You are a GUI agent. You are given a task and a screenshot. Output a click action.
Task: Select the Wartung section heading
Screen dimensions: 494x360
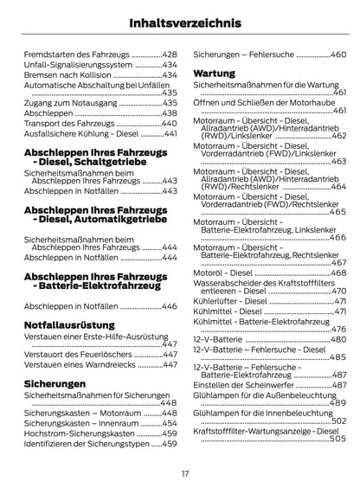214,74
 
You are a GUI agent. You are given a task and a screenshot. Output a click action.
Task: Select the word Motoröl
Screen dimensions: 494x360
209,273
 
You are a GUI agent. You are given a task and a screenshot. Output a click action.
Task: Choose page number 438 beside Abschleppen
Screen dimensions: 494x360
169,113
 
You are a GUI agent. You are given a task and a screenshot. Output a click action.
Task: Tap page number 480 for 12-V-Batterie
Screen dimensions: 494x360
338,340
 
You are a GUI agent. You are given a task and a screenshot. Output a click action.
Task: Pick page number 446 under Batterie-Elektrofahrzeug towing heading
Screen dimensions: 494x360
169,306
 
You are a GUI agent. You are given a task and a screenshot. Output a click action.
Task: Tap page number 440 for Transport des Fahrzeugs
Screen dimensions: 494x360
169,125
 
